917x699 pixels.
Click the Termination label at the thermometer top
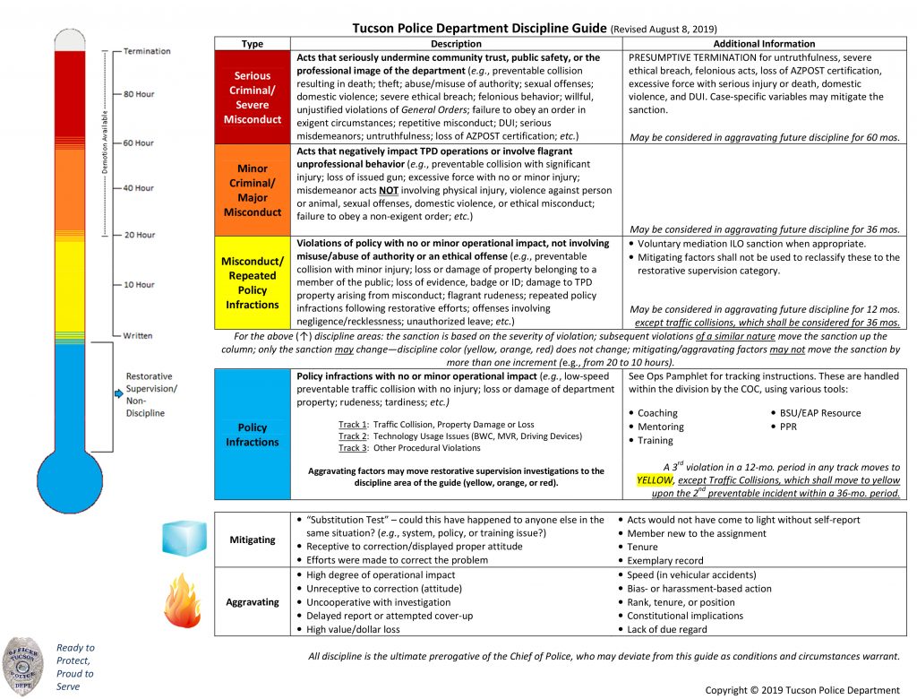coord(147,51)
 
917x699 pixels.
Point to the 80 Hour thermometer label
coord(139,93)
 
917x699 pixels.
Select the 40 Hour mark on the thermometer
coord(139,188)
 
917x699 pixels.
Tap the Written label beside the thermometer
coord(139,335)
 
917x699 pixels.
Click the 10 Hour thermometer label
coord(139,285)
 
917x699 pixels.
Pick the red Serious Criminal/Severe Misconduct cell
coord(253,98)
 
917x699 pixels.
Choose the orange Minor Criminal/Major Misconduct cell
coord(253,190)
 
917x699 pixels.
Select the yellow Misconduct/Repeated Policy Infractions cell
coord(253,282)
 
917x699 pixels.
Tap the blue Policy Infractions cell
coord(253,435)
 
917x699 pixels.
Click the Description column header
coord(456,44)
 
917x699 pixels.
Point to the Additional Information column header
coord(763,44)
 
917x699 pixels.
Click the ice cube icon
coord(184,539)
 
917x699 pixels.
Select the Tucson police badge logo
coord(24,662)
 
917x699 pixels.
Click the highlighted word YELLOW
coord(654,479)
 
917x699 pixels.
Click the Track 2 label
coord(353,436)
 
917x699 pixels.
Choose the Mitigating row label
coord(253,540)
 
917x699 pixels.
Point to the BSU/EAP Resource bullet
coord(819,413)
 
